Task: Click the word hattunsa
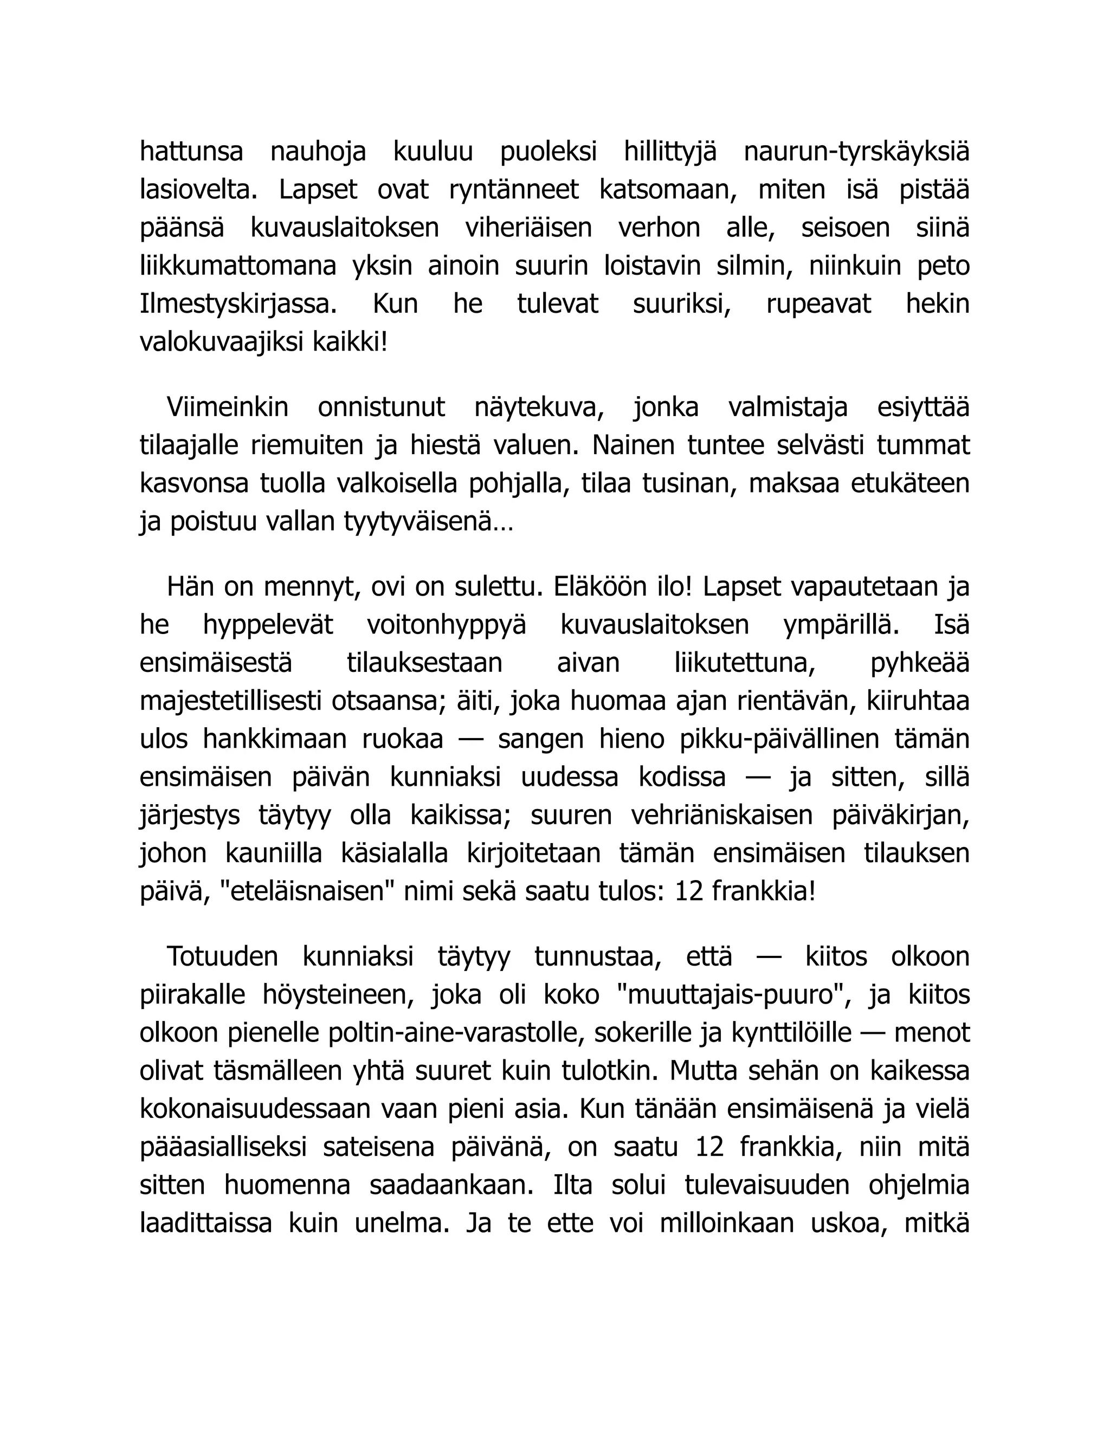coord(191,152)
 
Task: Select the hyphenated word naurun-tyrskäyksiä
coord(856,152)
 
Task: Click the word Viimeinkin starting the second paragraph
coord(228,407)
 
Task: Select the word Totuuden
coord(222,956)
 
